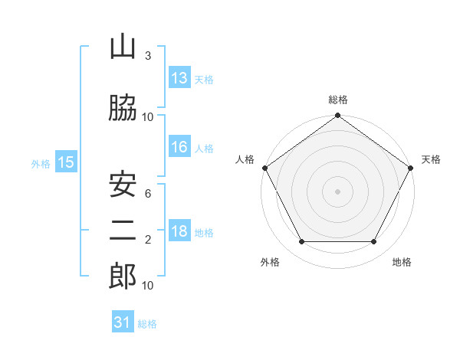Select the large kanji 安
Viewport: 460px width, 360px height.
pyautogui.click(x=123, y=185)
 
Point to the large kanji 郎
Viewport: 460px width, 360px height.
pyautogui.click(x=123, y=276)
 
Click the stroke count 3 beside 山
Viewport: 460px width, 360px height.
pyautogui.click(x=148, y=55)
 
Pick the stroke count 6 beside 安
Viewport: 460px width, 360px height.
pyautogui.click(x=148, y=194)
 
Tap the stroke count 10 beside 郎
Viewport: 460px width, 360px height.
pyautogui.click(x=147, y=286)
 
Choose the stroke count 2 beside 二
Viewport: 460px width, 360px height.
pyautogui.click(x=148, y=240)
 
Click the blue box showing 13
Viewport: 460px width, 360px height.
pyautogui.click(x=179, y=77)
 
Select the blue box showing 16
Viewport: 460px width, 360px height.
pyautogui.click(x=179, y=146)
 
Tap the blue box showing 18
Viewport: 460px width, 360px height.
pyautogui.click(x=179, y=230)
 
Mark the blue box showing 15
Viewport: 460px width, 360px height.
pyautogui.click(x=66, y=162)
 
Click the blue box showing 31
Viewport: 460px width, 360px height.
pyautogui.click(x=123, y=321)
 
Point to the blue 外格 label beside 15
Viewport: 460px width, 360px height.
pyautogui.click(x=41, y=164)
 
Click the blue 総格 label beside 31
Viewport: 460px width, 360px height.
pyautogui.click(x=147, y=324)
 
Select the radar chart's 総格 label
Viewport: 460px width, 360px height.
pyautogui.click(x=338, y=100)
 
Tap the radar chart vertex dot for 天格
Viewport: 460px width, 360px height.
pyautogui.click(x=410, y=168)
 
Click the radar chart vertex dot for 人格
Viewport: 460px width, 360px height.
pyautogui.click(x=265, y=168)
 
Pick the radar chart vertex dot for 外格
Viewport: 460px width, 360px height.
pyautogui.click(x=302, y=241)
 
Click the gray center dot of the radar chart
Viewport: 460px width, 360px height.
pyautogui.click(x=337, y=191)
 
